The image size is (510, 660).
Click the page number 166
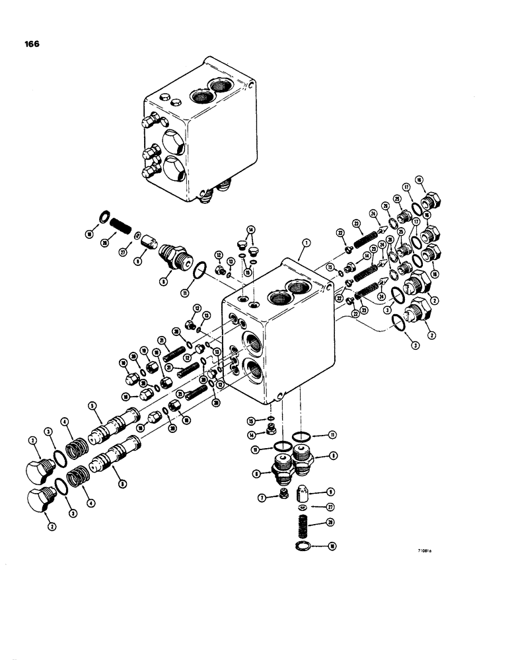pos(29,44)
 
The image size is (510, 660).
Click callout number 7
pos(263,497)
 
